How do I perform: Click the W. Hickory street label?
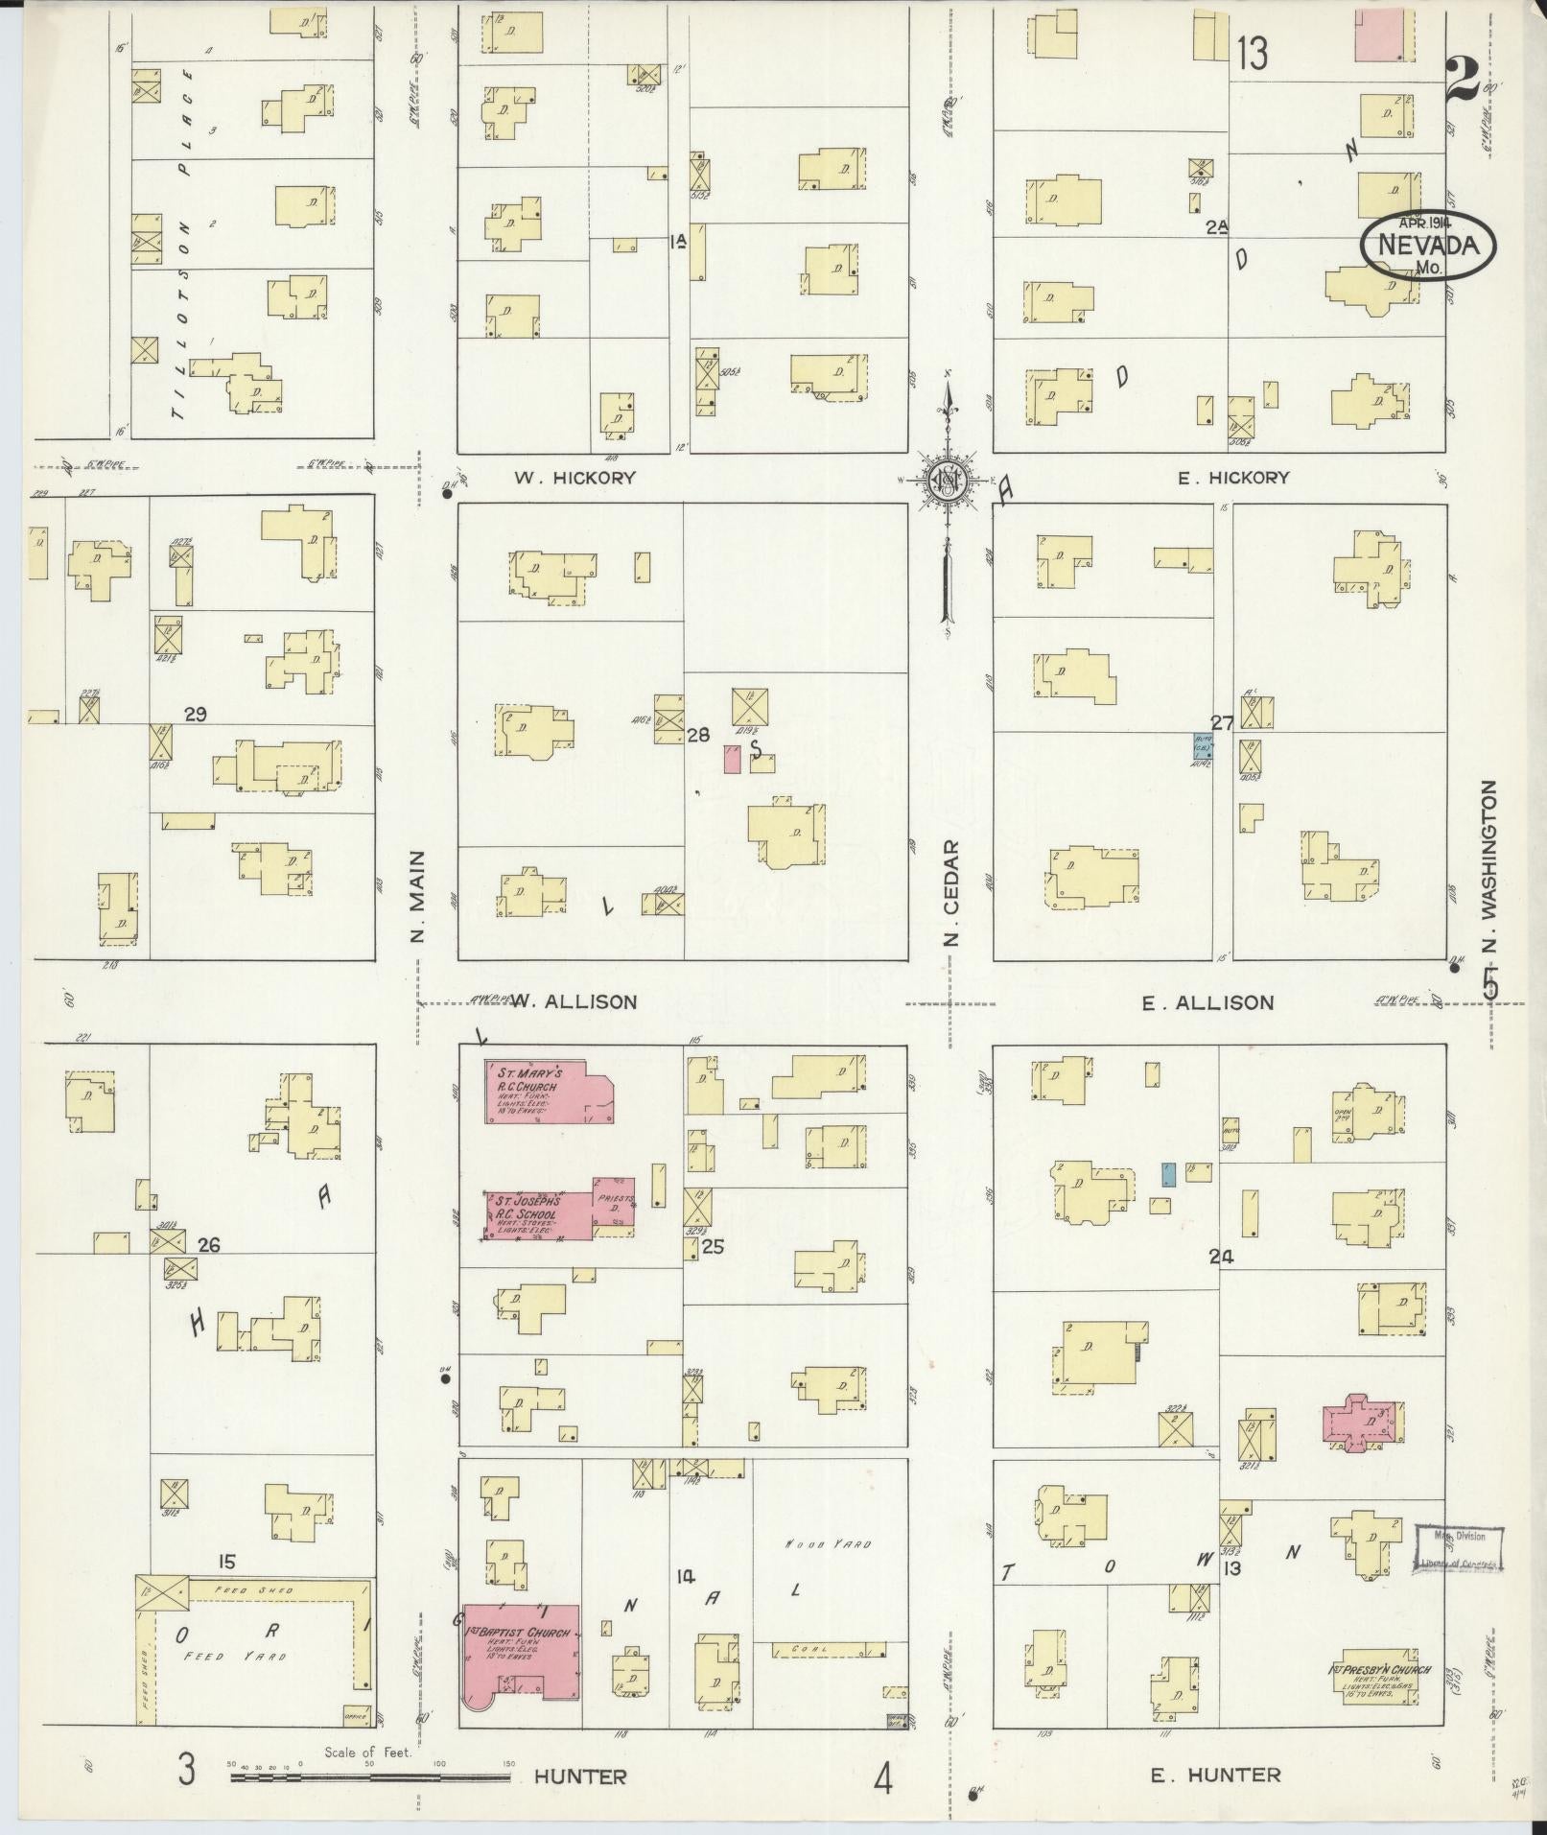point(574,477)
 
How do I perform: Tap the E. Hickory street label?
point(1233,477)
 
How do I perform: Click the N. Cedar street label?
point(950,892)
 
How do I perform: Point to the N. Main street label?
point(418,896)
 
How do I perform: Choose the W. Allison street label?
point(573,1001)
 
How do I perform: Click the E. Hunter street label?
point(1215,1776)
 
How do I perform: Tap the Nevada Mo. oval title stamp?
point(1427,247)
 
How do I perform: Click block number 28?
point(698,735)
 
